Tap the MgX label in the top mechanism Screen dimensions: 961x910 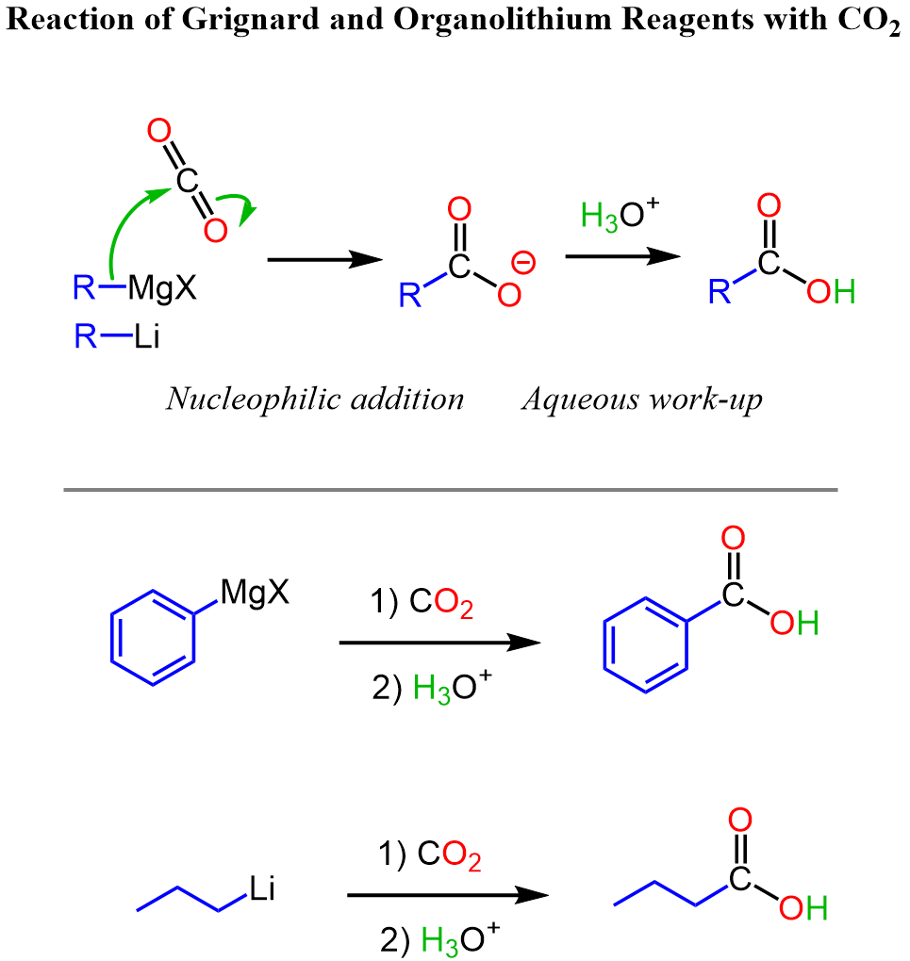click(x=162, y=286)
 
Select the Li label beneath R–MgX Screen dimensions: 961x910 click(x=146, y=336)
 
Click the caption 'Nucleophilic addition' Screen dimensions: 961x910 click(x=315, y=399)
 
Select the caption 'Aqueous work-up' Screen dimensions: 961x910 click(x=642, y=399)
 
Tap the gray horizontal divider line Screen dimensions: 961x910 click(x=450, y=490)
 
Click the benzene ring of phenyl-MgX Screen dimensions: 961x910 click(x=152, y=637)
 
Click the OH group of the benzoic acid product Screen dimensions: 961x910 click(x=794, y=624)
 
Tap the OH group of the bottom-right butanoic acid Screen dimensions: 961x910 click(x=802, y=909)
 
